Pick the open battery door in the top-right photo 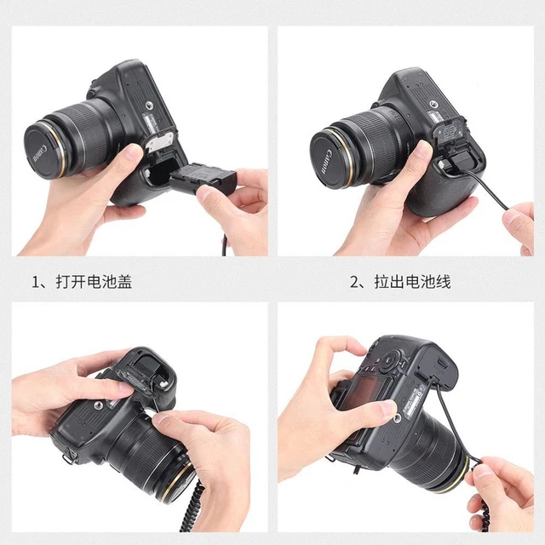pyautogui.click(x=449, y=136)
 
